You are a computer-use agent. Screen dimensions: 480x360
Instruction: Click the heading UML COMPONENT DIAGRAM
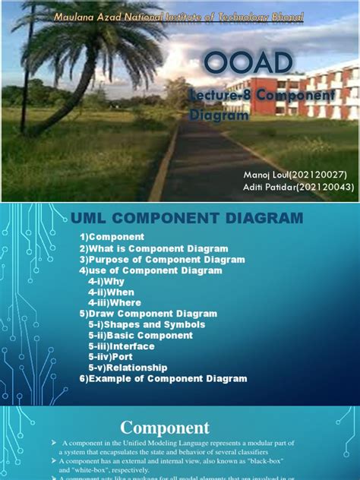187,219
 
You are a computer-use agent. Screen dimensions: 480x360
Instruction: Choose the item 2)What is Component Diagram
154,248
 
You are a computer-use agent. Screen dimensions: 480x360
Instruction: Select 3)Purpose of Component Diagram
163,259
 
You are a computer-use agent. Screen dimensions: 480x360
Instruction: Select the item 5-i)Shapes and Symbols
142,324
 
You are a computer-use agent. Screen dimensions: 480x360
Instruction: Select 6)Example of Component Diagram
163,378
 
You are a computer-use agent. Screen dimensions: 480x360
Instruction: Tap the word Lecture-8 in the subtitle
218,96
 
